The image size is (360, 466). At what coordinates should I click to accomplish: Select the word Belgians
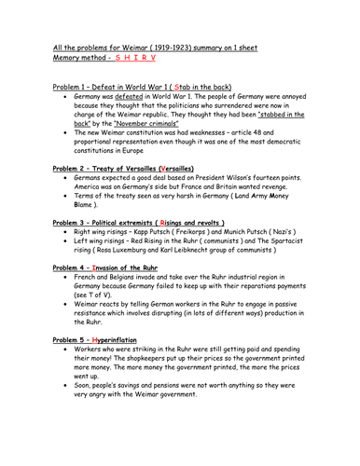tap(133, 309)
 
